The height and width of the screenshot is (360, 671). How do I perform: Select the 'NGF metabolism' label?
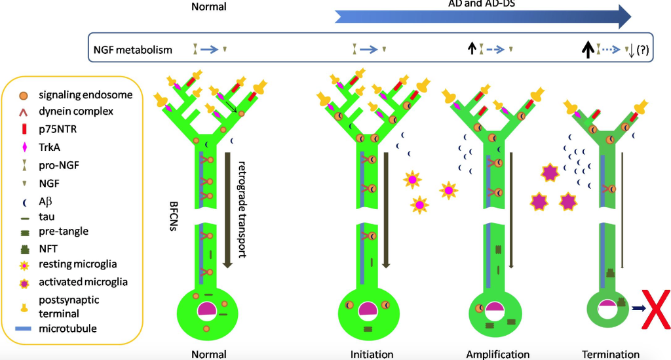coord(133,49)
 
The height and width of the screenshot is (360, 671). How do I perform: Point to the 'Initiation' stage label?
coord(372,354)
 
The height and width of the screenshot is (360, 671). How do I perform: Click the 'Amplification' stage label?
coord(498,354)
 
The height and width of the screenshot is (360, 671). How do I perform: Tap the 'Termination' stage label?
coord(610,354)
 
